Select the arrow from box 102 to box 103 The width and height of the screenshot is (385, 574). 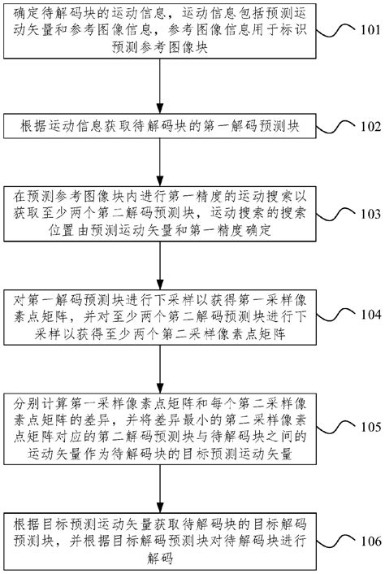(x=168, y=163)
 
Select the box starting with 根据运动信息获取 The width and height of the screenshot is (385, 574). (x=168, y=127)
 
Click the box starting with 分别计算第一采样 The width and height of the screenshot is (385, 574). (x=168, y=428)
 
